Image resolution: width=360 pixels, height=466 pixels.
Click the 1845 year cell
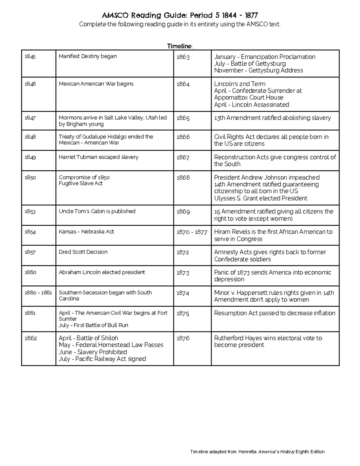click(x=30, y=56)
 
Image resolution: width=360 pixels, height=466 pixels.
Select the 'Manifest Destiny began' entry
click(x=88, y=56)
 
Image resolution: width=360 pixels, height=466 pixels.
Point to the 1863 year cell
click(x=183, y=57)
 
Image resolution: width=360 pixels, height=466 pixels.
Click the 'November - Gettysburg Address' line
click(x=258, y=71)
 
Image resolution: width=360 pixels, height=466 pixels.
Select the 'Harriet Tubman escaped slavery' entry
click(x=98, y=157)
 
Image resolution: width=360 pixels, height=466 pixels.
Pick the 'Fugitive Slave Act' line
click(x=80, y=183)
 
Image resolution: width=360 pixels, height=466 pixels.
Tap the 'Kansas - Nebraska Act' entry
click(x=86, y=232)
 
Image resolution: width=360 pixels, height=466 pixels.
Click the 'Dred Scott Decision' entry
click(x=83, y=252)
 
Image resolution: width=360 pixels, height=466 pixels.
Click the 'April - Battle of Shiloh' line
click(x=88, y=338)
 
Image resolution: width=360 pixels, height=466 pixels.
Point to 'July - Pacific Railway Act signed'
click(x=102, y=359)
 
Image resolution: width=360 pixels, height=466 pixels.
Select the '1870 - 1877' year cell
click(x=192, y=232)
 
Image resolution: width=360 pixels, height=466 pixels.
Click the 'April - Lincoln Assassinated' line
click(x=251, y=105)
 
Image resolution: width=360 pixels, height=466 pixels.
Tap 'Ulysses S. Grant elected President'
click(x=260, y=198)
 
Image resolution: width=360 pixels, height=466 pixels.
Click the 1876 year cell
click(x=183, y=338)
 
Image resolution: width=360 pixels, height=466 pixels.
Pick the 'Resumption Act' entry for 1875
click(x=274, y=313)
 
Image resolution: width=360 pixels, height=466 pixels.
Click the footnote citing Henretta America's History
click(x=257, y=452)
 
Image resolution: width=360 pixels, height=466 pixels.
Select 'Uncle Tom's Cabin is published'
click(x=97, y=211)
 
